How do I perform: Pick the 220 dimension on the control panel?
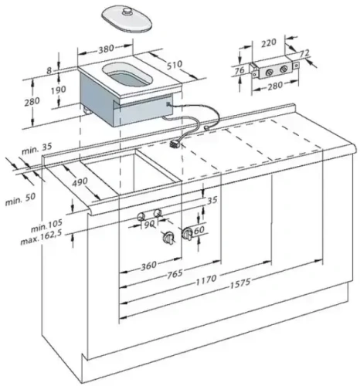click(x=270, y=44)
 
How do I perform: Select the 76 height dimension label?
click(x=239, y=71)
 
